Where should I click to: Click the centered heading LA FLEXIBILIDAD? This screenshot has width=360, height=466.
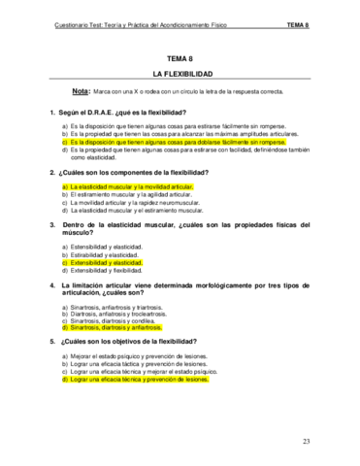(180, 74)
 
